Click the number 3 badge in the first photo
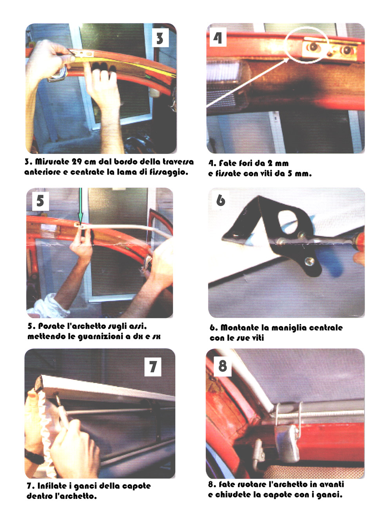pyautogui.click(x=160, y=38)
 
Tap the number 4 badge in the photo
pyautogui.click(x=218, y=37)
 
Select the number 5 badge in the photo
pyautogui.click(x=40, y=201)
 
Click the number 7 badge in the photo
pyautogui.click(x=153, y=367)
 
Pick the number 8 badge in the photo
pyautogui.click(x=223, y=366)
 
